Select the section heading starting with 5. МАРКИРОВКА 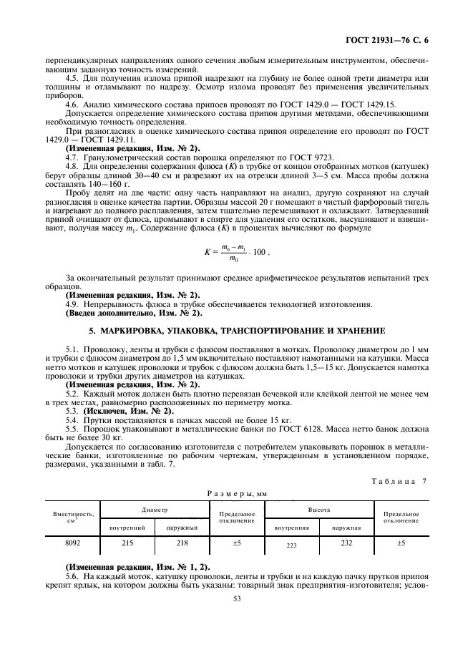[x=236, y=331]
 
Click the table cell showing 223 [x=291, y=545]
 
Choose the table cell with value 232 [x=346, y=543]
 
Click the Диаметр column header [x=154, y=510]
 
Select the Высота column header [x=319, y=510]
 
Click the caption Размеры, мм [x=236, y=493]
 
